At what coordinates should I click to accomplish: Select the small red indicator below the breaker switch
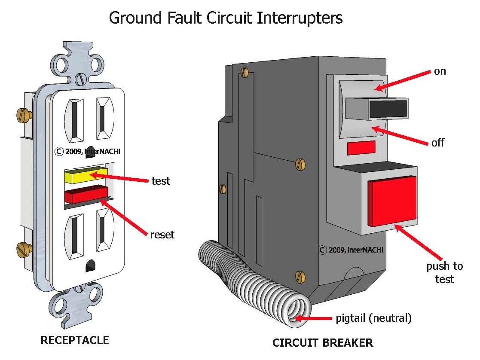click(x=361, y=147)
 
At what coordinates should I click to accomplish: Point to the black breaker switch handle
click(x=388, y=108)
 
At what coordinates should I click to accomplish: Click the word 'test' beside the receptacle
click(x=161, y=181)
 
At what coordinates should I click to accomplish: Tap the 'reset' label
click(x=162, y=235)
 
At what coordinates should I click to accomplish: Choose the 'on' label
click(x=440, y=71)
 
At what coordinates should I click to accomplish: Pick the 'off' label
click(x=437, y=142)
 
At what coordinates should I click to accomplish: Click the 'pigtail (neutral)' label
click(x=373, y=318)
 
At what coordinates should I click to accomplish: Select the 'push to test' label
click(x=444, y=272)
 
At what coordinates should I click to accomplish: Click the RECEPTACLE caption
click(x=75, y=341)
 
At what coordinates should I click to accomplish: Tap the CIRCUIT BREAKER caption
click(x=323, y=343)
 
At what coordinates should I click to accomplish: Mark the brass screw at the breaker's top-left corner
click(x=245, y=72)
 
